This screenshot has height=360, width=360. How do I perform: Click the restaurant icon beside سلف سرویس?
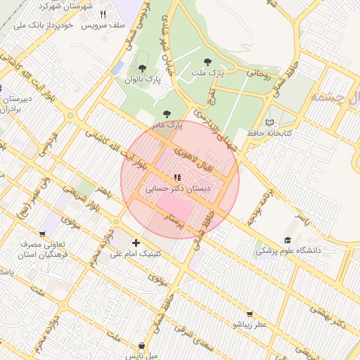point(103,14)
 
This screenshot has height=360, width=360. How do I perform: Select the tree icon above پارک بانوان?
point(143,68)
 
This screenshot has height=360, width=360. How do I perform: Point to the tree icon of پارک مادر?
point(167,113)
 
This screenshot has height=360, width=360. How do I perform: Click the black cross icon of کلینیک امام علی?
point(136,243)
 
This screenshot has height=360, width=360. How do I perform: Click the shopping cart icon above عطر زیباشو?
point(250,314)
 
